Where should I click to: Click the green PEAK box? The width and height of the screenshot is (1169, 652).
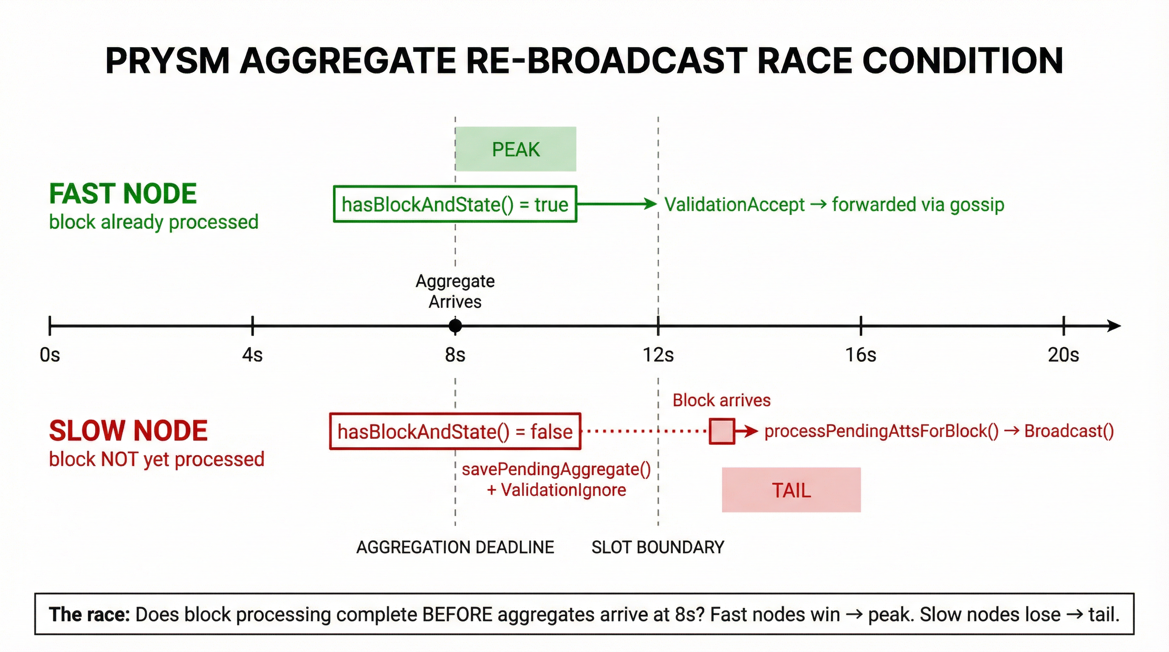click(516, 149)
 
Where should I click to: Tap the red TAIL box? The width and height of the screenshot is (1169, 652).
click(791, 490)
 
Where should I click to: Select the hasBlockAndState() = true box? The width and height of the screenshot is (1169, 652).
click(455, 204)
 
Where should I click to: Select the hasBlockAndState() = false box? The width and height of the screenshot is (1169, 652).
click(455, 431)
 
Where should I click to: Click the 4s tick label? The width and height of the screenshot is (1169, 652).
click(252, 354)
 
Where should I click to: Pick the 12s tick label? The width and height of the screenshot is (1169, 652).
click(658, 354)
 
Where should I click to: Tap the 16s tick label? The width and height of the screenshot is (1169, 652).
click(861, 354)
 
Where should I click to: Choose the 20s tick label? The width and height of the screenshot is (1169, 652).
click(1063, 354)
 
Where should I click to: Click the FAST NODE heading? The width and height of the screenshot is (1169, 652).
click(122, 194)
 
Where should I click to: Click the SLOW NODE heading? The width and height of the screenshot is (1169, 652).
click(128, 431)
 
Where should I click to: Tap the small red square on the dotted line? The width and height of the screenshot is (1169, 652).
click(722, 431)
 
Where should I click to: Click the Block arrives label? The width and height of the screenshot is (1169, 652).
click(721, 400)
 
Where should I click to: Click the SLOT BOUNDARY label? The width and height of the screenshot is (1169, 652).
click(658, 547)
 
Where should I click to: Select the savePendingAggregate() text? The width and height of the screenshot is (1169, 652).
click(556, 469)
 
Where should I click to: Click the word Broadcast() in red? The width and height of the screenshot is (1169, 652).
click(1069, 431)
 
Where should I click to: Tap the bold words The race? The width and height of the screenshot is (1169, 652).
click(89, 614)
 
